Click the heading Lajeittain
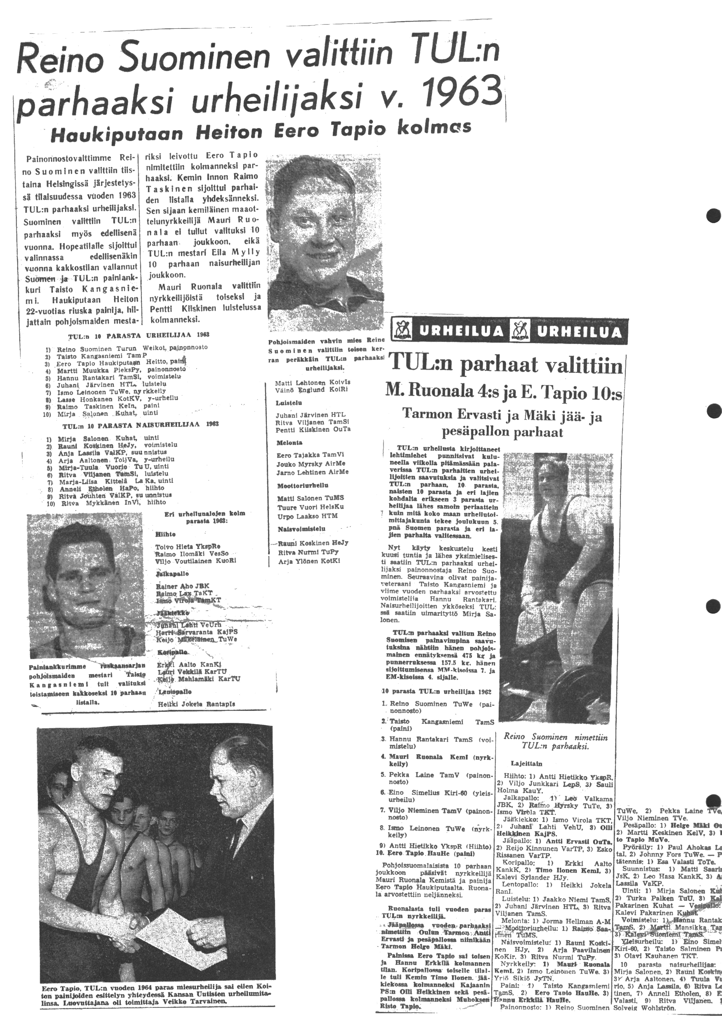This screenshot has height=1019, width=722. point(526,763)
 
